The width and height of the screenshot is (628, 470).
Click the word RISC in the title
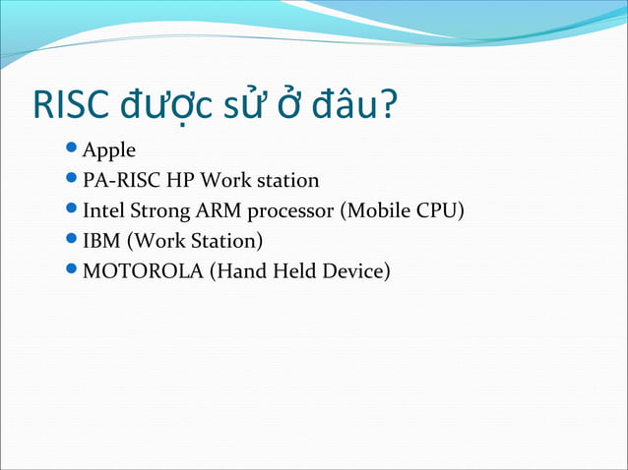tap(71, 106)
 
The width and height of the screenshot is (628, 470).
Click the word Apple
tap(108, 151)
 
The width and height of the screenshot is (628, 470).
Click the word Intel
tap(104, 210)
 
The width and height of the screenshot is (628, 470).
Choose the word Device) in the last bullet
tap(356, 269)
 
